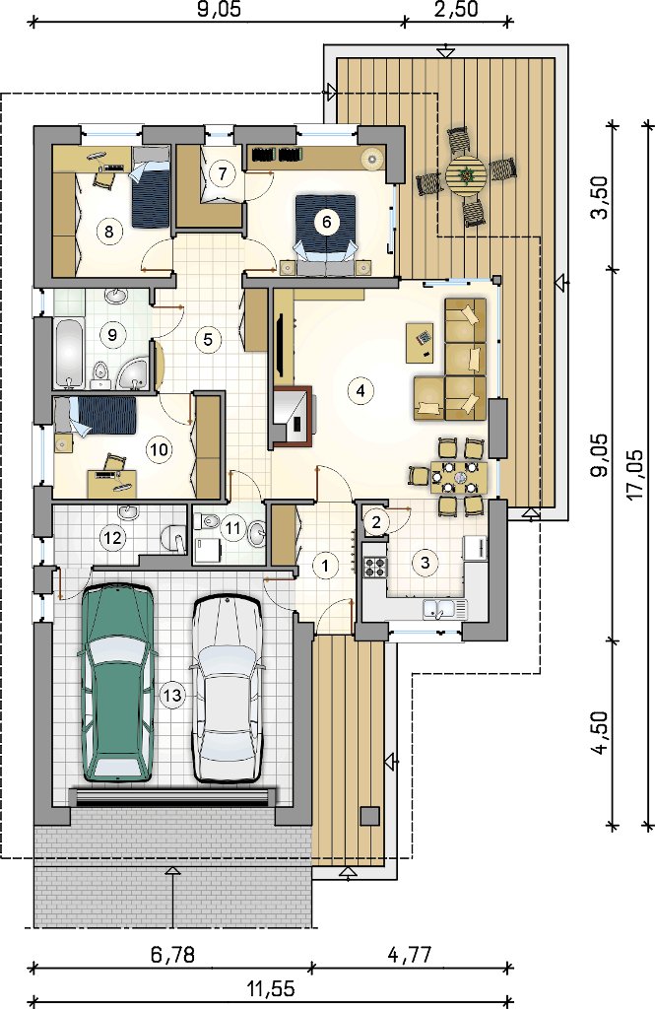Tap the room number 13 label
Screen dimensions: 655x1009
(x=173, y=695)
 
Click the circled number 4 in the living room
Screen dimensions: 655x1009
(x=360, y=390)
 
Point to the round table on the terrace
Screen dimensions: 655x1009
(x=466, y=173)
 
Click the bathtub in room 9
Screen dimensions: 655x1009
(x=69, y=354)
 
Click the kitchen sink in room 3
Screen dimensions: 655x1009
(x=445, y=609)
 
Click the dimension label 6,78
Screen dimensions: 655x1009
(x=172, y=954)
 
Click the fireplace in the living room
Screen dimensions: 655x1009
(x=293, y=417)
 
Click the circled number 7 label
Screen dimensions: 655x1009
(x=223, y=173)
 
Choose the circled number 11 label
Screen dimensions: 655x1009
(x=232, y=528)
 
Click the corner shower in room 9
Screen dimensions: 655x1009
(x=135, y=373)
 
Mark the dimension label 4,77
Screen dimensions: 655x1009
(x=410, y=954)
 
